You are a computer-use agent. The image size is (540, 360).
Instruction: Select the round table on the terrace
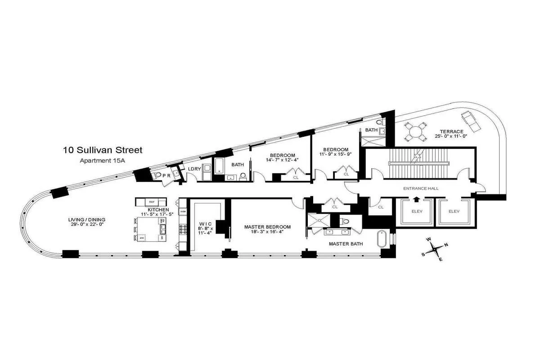pyautogui.click(x=415, y=132)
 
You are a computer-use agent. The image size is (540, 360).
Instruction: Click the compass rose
pyautogui.click(x=434, y=248)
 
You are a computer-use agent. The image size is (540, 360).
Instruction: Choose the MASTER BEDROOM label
pyautogui.click(x=267, y=227)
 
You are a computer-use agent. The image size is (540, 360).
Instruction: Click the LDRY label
pyautogui.click(x=194, y=169)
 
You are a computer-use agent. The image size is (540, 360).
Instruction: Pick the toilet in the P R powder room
pyautogui.click(x=155, y=175)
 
